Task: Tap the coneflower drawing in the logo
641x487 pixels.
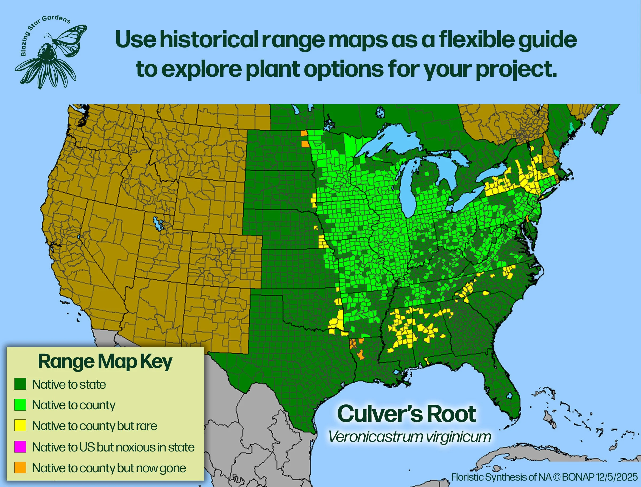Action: point(46,67)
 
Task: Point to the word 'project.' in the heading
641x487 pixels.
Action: point(516,69)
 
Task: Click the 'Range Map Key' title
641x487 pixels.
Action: point(105,361)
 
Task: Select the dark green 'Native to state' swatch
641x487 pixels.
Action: point(20,384)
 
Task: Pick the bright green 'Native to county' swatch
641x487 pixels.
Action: point(20,405)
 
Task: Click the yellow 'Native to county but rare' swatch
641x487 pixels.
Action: point(20,426)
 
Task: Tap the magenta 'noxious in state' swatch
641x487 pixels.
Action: point(20,447)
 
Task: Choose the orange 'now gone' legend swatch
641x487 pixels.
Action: point(20,467)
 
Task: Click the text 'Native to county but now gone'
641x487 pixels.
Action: point(109,468)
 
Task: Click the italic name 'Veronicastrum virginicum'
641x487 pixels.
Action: point(409,437)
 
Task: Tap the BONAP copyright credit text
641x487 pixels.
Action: point(544,477)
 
